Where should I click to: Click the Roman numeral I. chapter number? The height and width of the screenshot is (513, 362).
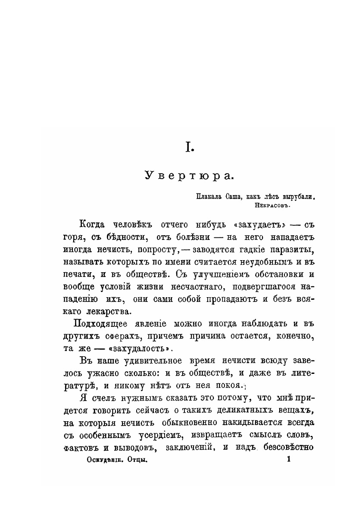(190, 147)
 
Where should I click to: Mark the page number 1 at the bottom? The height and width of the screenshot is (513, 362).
(288, 460)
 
